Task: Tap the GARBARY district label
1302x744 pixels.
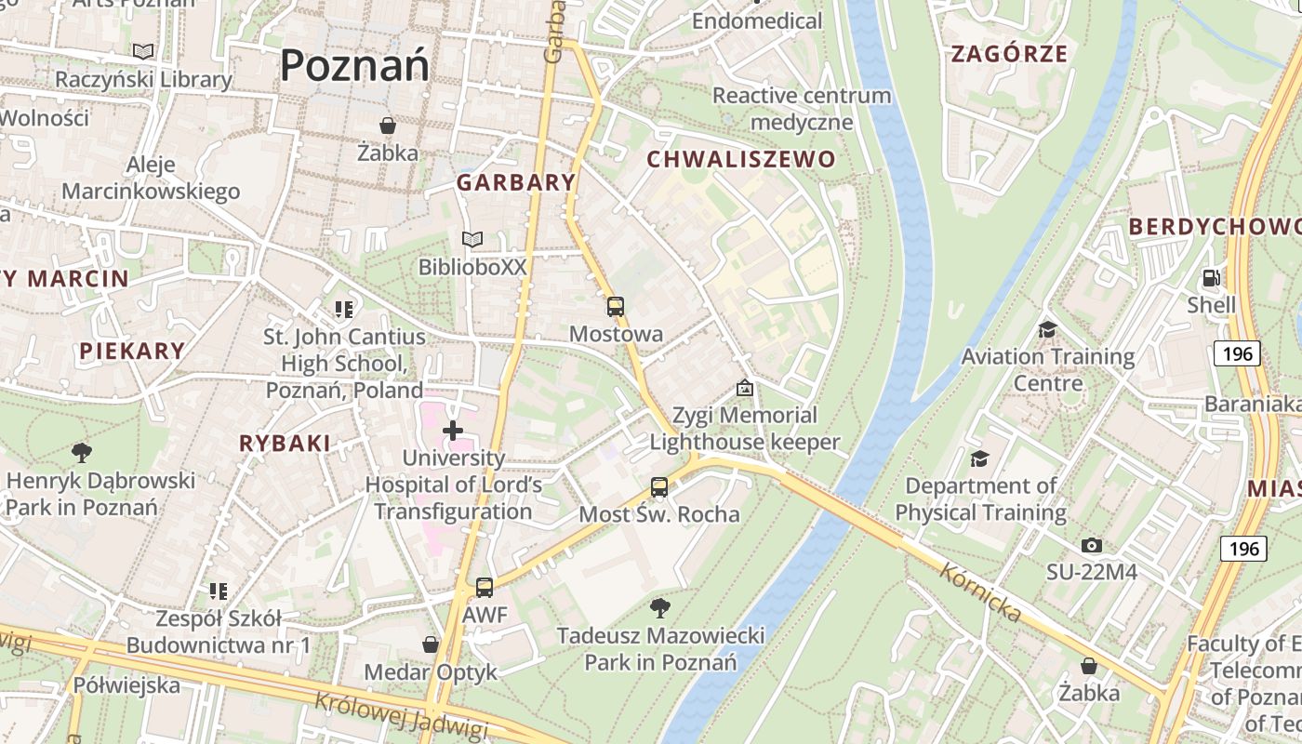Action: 516,183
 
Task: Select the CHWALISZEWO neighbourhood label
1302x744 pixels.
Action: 741,160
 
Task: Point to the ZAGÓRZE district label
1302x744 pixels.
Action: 1009,54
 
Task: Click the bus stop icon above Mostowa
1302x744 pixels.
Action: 615,307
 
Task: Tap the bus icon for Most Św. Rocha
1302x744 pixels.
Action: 658,487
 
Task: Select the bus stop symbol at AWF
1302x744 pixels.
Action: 485,588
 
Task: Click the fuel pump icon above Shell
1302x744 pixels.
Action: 1211,278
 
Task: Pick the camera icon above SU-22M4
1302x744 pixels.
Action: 1092,545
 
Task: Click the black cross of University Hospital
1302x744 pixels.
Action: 453,431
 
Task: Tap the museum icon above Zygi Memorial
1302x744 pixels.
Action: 744,388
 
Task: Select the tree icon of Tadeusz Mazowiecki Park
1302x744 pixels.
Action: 660,609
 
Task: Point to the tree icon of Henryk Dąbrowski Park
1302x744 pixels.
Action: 82,453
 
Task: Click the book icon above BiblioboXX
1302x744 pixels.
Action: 472,240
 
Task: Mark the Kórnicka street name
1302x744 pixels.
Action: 980,592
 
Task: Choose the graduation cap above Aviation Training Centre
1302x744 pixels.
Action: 1047,330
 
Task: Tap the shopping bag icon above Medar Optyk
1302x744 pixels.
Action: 431,644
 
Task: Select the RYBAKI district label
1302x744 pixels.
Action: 285,444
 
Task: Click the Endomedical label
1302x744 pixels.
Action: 757,20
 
